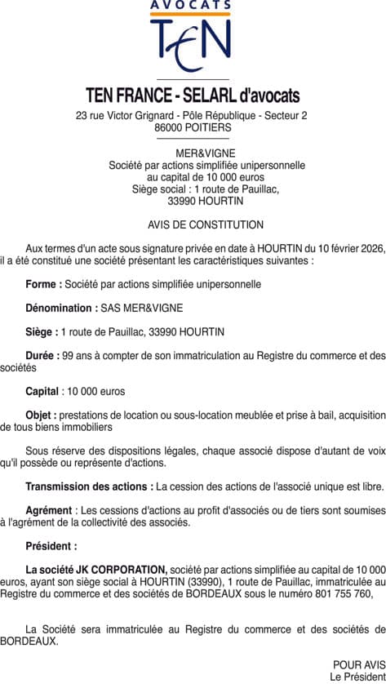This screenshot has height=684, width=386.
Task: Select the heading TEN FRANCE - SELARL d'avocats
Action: click(x=193, y=96)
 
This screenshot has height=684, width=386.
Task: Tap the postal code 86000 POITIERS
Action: click(x=193, y=127)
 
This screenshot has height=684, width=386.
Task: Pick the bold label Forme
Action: click(x=43, y=285)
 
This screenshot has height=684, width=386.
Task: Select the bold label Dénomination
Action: click(x=61, y=308)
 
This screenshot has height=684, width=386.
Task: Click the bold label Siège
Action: click(x=42, y=331)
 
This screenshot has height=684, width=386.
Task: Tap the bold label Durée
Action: click(x=42, y=356)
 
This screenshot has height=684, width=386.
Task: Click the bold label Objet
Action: click(x=41, y=415)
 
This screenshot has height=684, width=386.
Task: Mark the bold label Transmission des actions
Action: click(x=89, y=486)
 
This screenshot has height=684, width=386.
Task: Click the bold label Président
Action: click(x=51, y=546)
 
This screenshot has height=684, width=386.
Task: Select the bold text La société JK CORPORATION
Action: click(x=96, y=569)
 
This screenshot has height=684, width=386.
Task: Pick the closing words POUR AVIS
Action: click(x=359, y=664)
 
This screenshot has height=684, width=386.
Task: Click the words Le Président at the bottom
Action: click(x=357, y=677)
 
